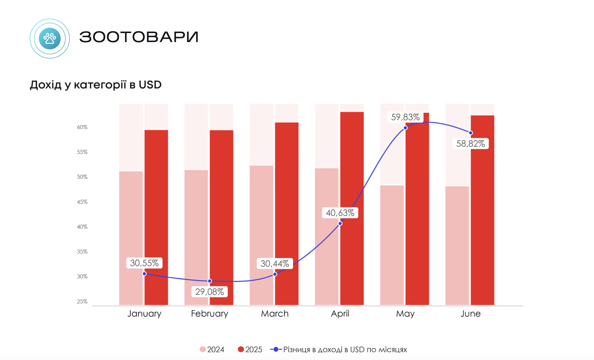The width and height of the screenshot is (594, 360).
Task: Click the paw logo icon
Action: [50, 38]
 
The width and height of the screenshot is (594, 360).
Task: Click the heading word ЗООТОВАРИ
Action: [139, 37]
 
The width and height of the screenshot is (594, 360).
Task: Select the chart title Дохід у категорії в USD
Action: [95, 85]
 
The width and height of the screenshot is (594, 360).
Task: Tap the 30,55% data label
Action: [144, 263]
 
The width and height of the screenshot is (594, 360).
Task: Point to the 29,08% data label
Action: [210, 291]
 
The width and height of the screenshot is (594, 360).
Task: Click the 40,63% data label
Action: [340, 213]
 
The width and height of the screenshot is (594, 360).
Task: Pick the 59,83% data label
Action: [405, 117]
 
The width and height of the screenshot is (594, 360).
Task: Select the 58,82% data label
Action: [470, 144]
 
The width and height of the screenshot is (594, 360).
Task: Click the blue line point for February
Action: [210, 281]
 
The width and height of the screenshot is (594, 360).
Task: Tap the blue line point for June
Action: [471, 133]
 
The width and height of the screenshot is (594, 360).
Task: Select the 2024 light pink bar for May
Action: [392, 245]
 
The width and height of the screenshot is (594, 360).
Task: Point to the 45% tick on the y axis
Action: [82, 202]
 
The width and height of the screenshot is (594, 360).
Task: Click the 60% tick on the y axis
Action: [82, 127]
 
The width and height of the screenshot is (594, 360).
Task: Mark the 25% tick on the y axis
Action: [82, 301]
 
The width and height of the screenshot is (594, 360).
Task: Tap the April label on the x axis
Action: [340, 314]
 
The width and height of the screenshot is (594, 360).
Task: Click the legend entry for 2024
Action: [212, 349]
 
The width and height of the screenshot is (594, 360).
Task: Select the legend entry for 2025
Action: [250, 349]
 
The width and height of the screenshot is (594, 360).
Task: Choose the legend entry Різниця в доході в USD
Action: [339, 349]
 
